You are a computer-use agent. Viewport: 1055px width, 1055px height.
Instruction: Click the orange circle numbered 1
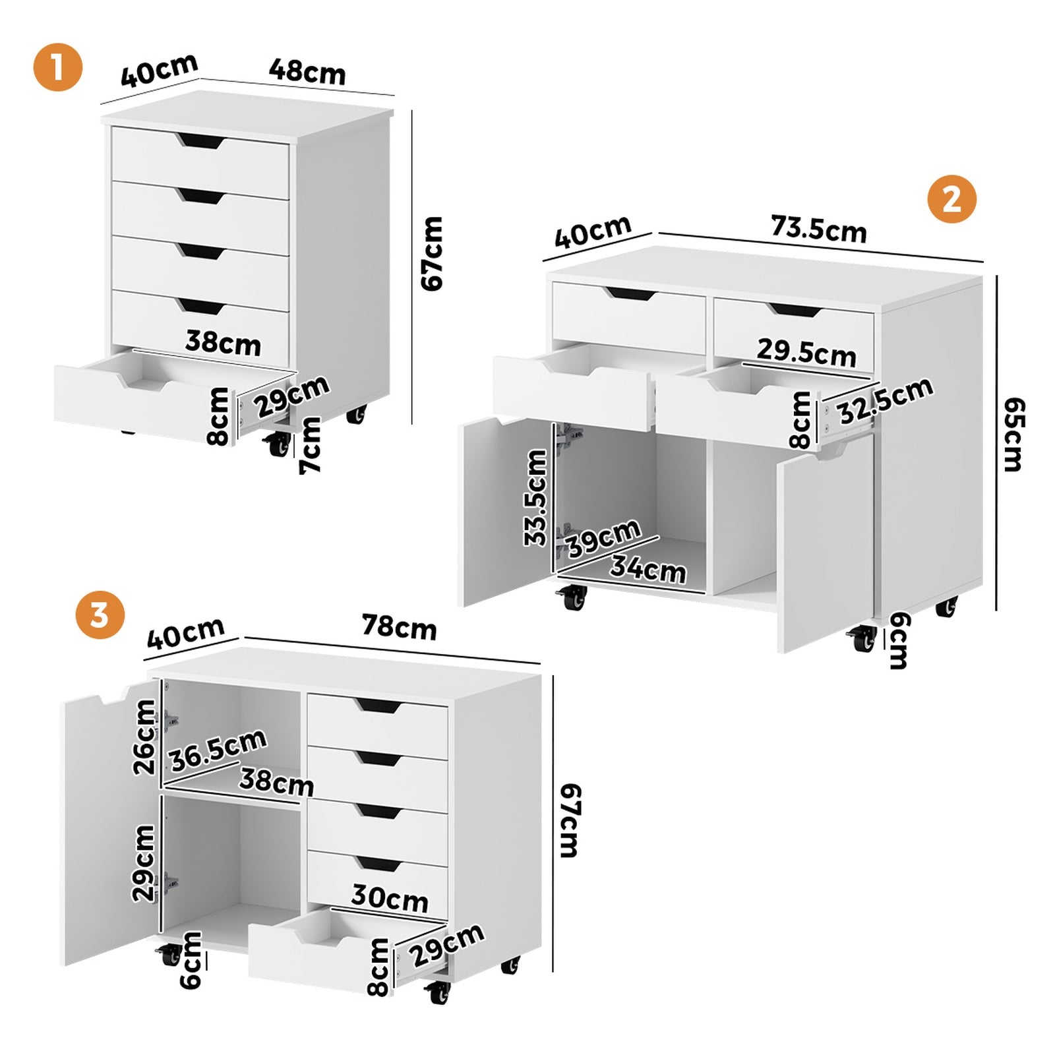coord(58,67)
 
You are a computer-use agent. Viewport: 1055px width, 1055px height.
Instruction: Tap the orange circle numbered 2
coord(951,198)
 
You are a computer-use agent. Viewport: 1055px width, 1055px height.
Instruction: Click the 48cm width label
coord(307,71)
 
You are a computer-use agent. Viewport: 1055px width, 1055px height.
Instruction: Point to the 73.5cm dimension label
coord(818,229)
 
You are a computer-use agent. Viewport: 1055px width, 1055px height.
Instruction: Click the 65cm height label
coord(1012,435)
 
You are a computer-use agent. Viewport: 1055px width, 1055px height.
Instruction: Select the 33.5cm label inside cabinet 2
coord(535,498)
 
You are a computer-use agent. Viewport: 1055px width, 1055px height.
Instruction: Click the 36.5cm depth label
coord(217,750)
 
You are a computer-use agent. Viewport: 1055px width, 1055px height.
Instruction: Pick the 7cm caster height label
coord(310,445)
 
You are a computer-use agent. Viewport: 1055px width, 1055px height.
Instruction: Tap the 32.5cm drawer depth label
coord(885,401)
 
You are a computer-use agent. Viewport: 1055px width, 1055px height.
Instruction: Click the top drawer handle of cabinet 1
coord(200,140)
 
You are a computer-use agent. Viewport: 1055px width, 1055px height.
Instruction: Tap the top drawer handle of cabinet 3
coord(378,706)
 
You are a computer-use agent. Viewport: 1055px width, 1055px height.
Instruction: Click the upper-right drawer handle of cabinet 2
coord(794,309)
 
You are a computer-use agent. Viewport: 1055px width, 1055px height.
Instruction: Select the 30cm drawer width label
coord(389,898)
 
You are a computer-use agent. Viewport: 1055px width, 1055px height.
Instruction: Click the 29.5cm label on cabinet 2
coord(806,352)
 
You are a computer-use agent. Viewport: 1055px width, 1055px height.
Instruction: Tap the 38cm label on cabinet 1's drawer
coord(223,343)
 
